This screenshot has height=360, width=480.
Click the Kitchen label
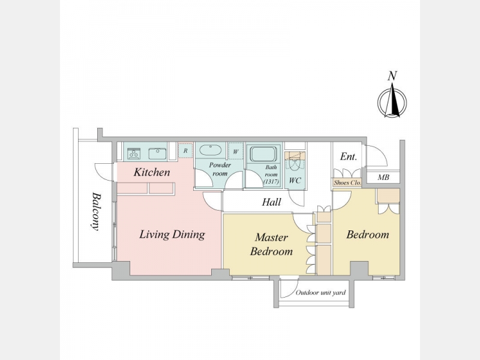point(152,172)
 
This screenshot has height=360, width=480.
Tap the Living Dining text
point(172,235)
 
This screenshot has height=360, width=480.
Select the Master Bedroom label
point(271,244)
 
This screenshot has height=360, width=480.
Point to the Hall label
point(272,202)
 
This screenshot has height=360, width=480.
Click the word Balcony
point(96,211)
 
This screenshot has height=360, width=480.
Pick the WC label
point(295,181)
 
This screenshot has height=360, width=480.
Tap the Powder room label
point(220,169)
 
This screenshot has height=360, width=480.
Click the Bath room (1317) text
point(271,175)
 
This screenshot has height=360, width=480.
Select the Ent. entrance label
point(349,157)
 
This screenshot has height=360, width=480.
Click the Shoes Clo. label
point(347,183)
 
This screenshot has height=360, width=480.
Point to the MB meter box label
point(383,177)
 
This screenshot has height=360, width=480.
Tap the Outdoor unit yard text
point(320,293)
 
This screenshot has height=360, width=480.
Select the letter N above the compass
point(392,76)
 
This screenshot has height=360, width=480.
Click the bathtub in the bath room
point(263,154)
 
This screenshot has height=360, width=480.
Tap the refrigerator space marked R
point(185,151)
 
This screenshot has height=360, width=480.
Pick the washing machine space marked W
point(236,151)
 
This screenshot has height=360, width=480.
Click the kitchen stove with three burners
point(134,154)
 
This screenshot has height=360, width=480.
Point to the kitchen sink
point(158,154)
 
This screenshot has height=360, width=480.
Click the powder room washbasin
point(211,151)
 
